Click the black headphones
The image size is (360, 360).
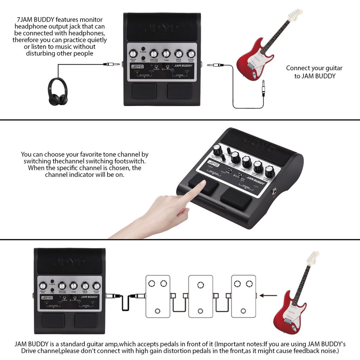(58, 92)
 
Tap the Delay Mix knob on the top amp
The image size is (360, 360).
(133, 53)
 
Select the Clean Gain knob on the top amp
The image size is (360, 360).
(191, 53)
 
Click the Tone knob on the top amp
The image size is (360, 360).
(166, 53)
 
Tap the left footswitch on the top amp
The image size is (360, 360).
(144, 91)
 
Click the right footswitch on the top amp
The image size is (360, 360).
(179, 91)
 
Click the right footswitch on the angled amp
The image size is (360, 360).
(236, 199)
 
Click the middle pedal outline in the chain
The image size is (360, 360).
(200, 296)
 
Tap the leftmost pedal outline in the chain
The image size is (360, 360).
(158, 296)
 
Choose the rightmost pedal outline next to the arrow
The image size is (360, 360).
(243, 296)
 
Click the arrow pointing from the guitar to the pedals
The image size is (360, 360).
(268, 296)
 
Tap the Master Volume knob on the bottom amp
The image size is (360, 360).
(62, 286)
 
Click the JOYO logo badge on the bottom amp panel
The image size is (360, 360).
(47, 298)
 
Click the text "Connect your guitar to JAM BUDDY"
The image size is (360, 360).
(314, 72)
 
